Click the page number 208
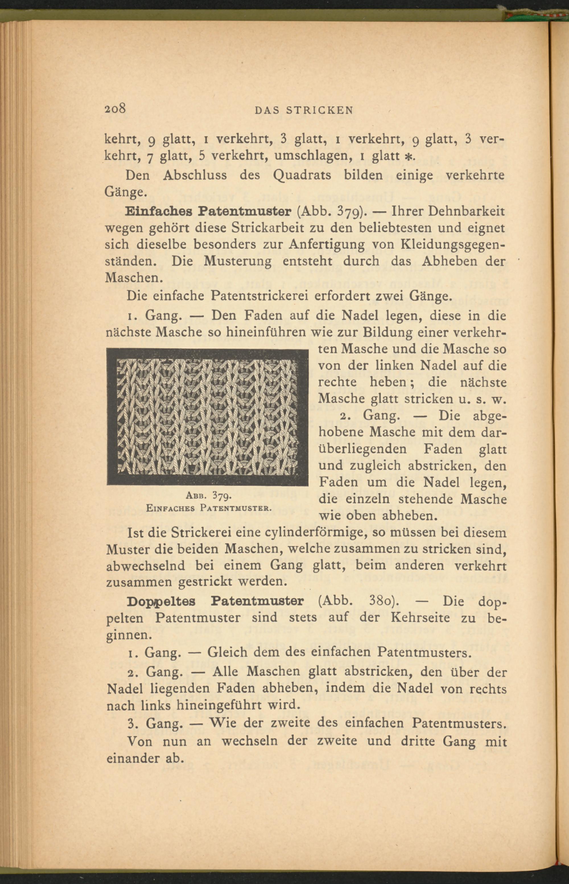pyautogui.click(x=116, y=109)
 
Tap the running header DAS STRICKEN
pyautogui.click(x=304, y=110)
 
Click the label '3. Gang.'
pyautogui.click(x=155, y=723)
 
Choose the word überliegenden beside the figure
pyautogui.click(x=362, y=450)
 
